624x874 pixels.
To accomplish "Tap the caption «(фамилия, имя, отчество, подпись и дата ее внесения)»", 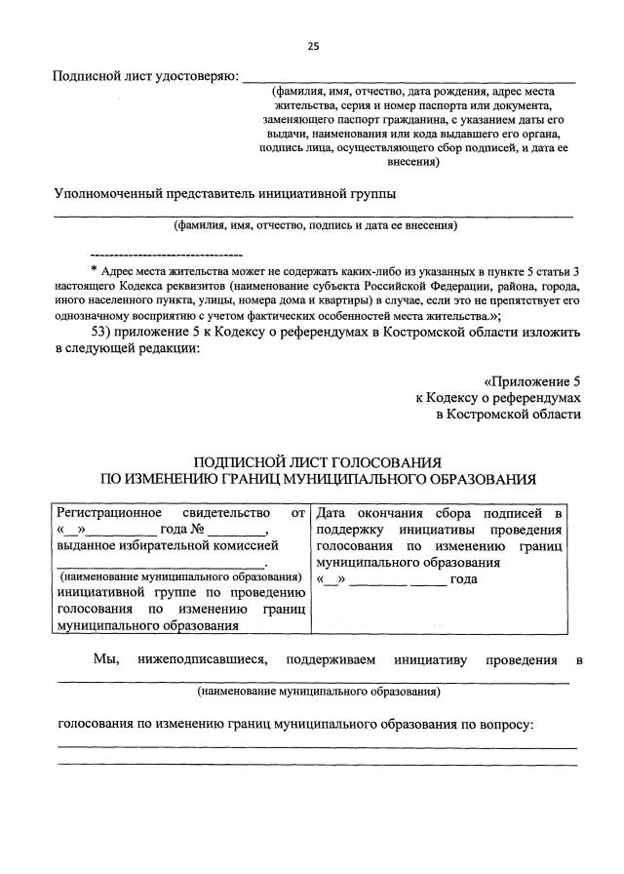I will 314,226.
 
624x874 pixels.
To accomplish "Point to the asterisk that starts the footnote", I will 93,270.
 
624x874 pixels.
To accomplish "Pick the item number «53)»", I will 101,333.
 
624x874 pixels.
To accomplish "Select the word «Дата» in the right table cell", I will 333,511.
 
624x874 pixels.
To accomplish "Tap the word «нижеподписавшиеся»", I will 205,659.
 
